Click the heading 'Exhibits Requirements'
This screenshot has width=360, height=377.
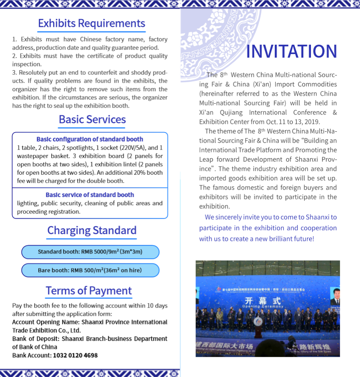click(91, 23)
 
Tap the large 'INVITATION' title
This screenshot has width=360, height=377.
click(291, 52)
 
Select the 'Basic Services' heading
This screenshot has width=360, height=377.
click(92, 120)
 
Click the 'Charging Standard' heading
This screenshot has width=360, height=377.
click(92, 230)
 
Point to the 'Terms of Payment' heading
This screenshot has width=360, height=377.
click(89, 291)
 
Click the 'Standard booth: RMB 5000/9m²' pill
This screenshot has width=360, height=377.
click(90, 252)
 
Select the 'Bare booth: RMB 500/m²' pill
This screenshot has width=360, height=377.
click(90, 270)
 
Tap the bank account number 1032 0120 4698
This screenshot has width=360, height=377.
click(75, 356)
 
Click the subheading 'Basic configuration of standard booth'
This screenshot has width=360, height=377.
click(90, 139)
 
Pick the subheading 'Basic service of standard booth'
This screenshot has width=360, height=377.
click(90, 195)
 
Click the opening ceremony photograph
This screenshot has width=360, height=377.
click(268, 308)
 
